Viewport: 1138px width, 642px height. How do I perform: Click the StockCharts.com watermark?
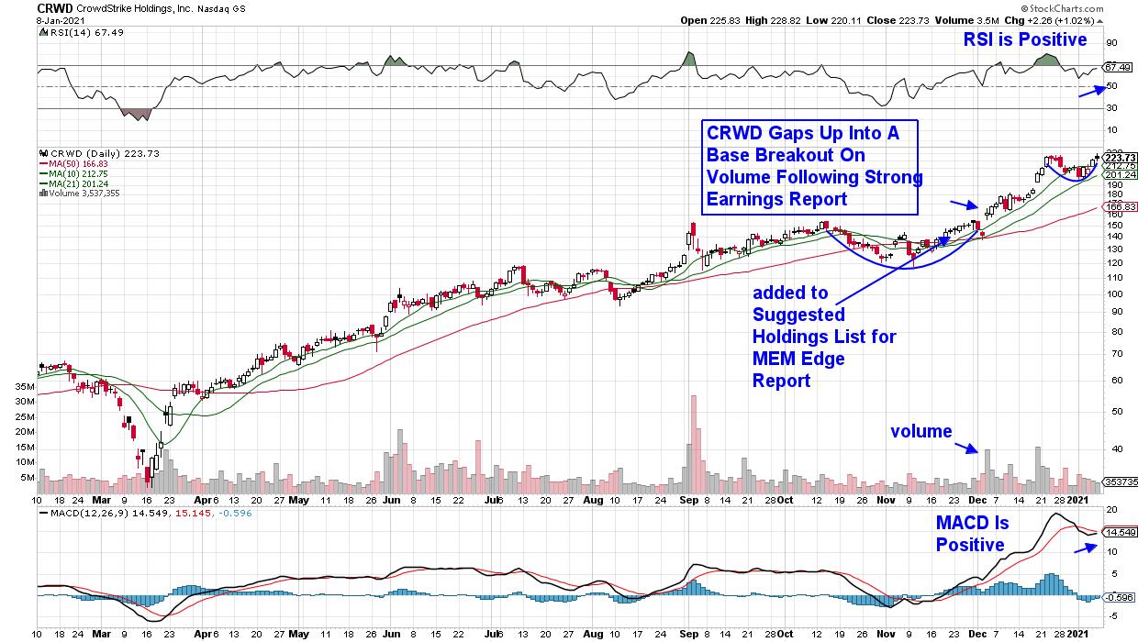point(1093,6)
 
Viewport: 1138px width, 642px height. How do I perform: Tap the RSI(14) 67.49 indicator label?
point(72,33)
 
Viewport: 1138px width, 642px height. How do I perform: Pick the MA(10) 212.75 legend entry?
point(78,174)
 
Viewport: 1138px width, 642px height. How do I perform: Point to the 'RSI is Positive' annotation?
point(1024,39)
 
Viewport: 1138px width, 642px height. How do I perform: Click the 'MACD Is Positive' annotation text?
point(972,534)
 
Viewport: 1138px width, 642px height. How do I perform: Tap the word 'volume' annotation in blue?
point(920,431)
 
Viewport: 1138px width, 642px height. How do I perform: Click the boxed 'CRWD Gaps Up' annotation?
point(809,167)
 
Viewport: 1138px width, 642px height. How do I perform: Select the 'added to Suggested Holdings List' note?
point(824,337)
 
